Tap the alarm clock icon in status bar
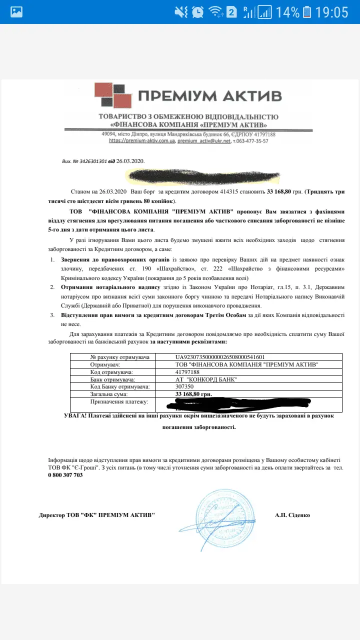point(197,11)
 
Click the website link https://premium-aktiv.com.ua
point(141,141)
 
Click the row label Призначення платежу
point(119,402)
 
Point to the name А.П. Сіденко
point(292,515)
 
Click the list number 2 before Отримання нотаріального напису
point(52,288)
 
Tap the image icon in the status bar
point(16,11)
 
